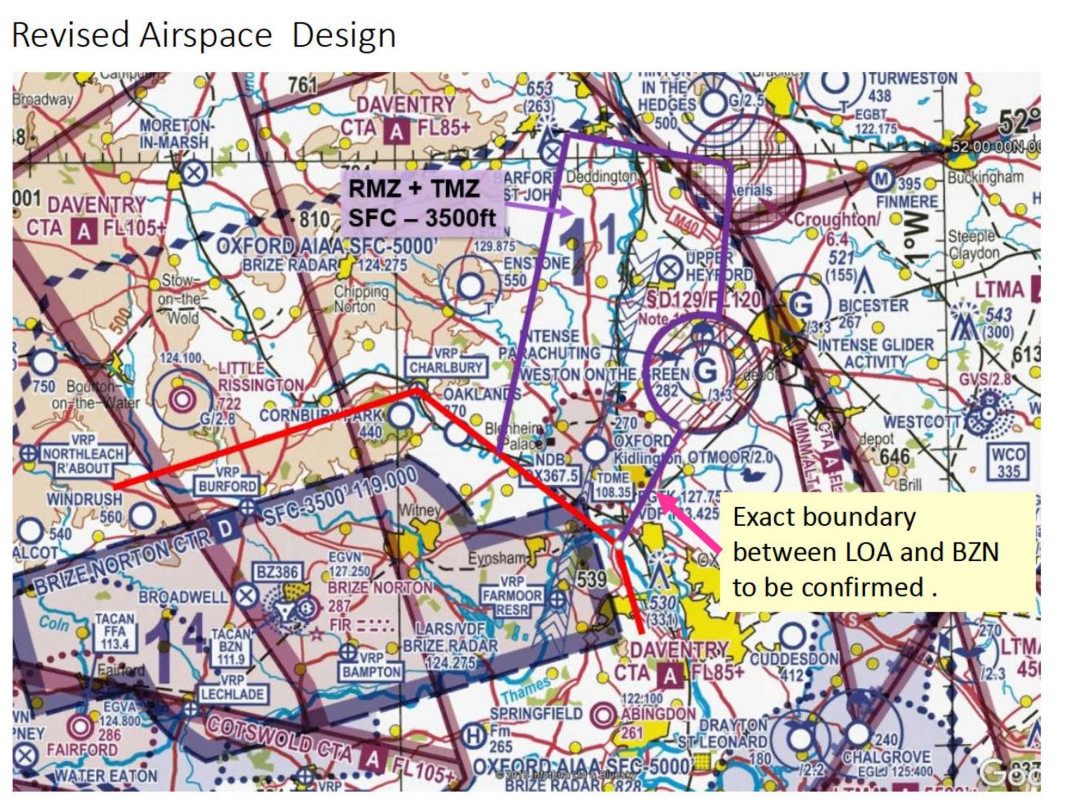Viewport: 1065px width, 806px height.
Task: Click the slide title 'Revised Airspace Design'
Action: coord(203,35)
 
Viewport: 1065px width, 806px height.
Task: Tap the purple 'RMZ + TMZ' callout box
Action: coord(421,203)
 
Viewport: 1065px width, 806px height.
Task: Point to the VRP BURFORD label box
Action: coord(227,480)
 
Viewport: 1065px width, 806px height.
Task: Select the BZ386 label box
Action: coord(277,572)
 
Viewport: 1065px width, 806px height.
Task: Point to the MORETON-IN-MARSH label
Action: coord(175,134)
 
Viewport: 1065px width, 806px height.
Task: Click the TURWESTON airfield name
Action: coord(913,78)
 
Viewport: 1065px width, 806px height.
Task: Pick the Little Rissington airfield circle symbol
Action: coord(182,399)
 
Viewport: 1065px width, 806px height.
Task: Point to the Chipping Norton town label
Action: coord(362,299)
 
